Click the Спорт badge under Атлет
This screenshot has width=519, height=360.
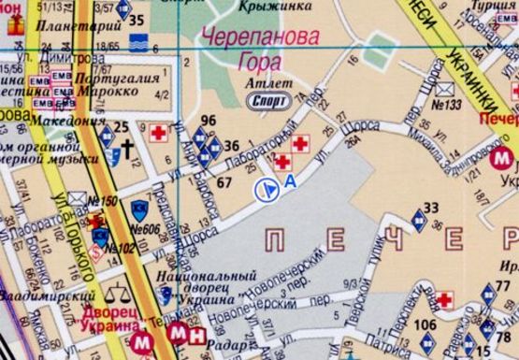pyautogui.click(x=265, y=101)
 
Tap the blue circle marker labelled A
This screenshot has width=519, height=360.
pyautogui.click(x=266, y=189)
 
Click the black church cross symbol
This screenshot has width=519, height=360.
pyautogui.click(x=127, y=148)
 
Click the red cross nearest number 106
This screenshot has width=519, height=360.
pyautogui.click(x=442, y=300)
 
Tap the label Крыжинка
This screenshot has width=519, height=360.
pyautogui.click(x=268, y=7)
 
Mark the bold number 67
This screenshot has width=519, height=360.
pyautogui.click(x=224, y=181)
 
